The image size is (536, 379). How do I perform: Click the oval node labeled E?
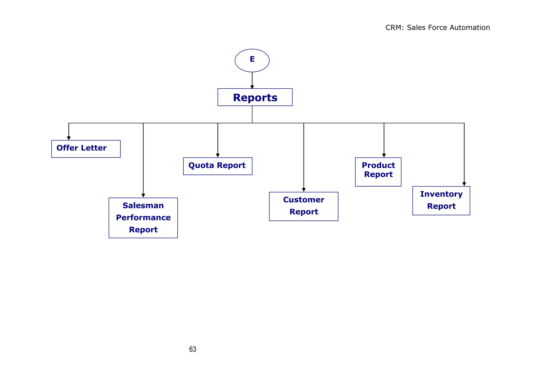(x=252, y=60)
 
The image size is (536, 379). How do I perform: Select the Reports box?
(x=255, y=97)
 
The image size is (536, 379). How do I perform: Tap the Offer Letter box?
(x=86, y=149)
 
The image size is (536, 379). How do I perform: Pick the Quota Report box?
(x=217, y=166)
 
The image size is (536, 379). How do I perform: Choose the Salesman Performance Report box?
(x=143, y=218)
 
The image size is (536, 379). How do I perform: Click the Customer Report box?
(x=304, y=206)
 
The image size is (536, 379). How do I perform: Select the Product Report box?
(x=378, y=172)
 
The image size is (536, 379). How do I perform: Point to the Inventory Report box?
(x=441, y=201)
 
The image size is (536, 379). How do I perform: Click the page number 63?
(x=193, y=349)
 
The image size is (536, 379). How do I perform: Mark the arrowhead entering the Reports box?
(x=252, y=87)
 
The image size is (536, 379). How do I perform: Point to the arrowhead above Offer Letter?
(x=69, y=138)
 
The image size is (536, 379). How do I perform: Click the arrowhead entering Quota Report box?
(x=218, y=156)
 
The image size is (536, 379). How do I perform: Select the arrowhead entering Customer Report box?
(x=304, y=190)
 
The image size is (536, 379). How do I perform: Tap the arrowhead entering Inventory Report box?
(x=464, y=184)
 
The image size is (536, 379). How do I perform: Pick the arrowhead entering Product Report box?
(x=384, y=156)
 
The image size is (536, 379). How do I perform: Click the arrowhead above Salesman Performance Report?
(x=143, y=196)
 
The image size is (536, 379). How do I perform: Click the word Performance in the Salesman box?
(x=143, y=218)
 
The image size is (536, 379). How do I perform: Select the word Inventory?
(x=441, y=194)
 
